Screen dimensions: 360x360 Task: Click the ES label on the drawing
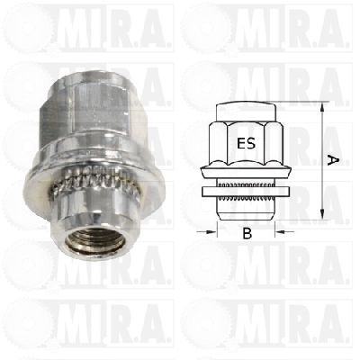click(x=247, y=143)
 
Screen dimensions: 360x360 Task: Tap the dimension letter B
click(x=247, y=233)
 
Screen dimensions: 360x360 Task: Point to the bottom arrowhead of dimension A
click(x=322, y=214)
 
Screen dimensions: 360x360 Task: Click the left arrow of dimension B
click(x=206, y=231)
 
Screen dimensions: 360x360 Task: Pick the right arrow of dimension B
click(x=284, y=231)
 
